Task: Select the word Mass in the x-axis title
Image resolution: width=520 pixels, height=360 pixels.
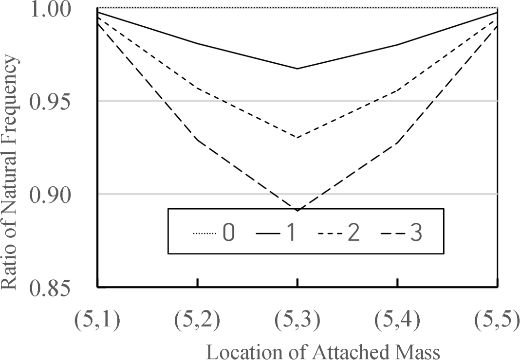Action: (x=419, y=351)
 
